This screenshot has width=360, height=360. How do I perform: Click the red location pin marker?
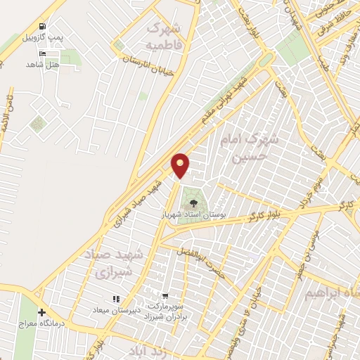coord(181,165)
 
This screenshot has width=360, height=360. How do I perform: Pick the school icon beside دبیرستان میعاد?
coord(116,299)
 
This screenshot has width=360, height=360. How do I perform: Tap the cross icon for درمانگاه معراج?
coord(41,312)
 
